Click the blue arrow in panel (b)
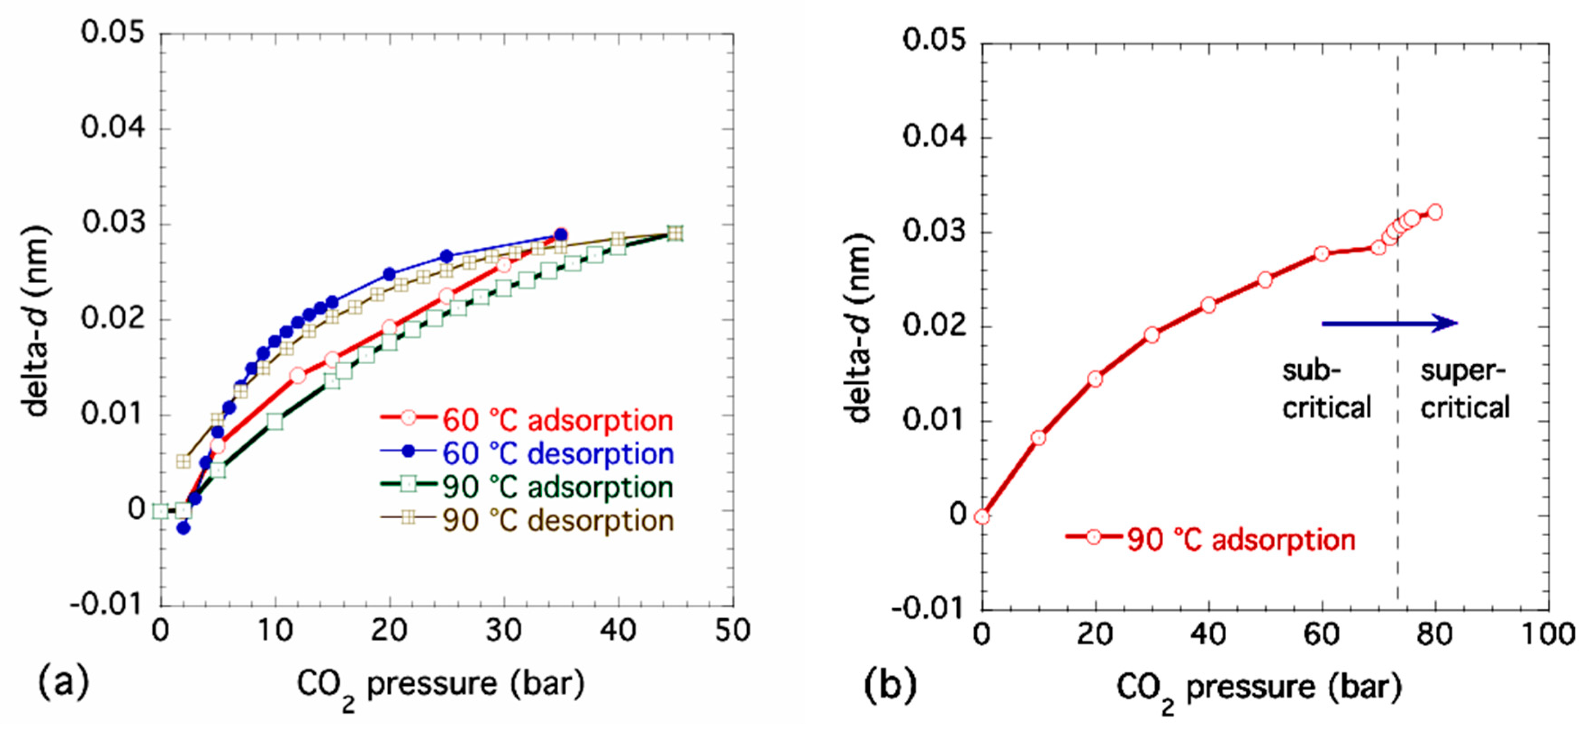point(1389,323)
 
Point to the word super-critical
point(1465,389)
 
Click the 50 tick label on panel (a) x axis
point(733,631)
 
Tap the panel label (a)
point(63,682)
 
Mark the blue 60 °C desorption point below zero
point(183,528)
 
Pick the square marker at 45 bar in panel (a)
point(675,233)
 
